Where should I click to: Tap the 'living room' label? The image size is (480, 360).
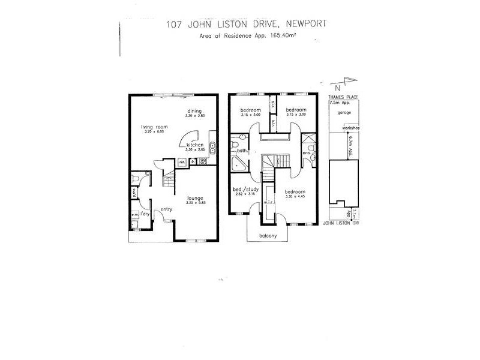154,127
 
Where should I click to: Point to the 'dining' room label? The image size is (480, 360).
193,111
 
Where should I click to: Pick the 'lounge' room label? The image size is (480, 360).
194,198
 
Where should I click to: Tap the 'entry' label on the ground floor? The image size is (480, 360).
166,209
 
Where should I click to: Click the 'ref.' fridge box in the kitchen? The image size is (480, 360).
181,162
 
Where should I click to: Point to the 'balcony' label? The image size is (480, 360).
268,235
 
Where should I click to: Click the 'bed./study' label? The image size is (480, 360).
244,190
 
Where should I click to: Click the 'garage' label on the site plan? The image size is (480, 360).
344,113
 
